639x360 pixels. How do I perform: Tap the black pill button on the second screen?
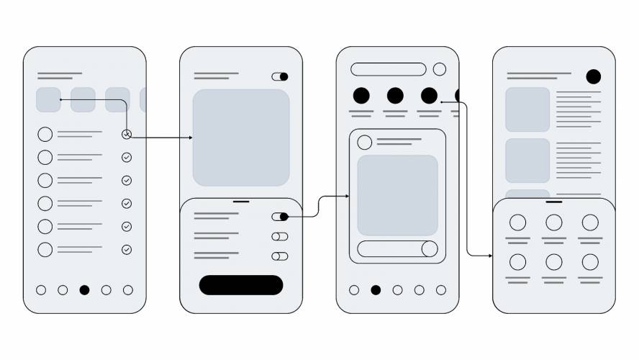(x=241, y=285)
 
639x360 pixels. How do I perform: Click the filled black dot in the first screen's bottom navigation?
(x=84, y=290)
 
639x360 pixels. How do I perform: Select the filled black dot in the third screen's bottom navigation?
(x=376, y=290)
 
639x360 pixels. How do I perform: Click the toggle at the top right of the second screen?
(x=280, y=76)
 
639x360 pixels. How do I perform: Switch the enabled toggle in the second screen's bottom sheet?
(x=280, y=217)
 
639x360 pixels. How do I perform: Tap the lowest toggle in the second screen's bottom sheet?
(x=280, y=256)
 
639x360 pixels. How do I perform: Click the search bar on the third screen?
(x=389, y=69)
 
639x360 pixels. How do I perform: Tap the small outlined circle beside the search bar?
(x=440, y=69)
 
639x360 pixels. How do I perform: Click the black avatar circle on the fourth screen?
(x=594, y=76)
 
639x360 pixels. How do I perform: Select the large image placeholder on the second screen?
(x=241, y=138)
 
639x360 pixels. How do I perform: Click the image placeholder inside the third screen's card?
(x=397, y=195)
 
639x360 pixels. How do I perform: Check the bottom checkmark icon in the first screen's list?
(x=127, y=250)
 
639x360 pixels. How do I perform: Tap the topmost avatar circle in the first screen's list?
(x=45, y=134)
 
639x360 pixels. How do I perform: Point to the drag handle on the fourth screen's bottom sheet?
(x=554, y=202)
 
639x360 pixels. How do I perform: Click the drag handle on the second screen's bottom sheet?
(x=241, y=202)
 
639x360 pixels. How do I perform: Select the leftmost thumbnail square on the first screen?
(x=48, y=100)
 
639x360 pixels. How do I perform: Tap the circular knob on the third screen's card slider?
(x=430, y=249)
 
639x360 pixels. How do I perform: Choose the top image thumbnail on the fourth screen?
(x=527, y=109)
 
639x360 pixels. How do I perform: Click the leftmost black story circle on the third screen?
(x=361, y=95)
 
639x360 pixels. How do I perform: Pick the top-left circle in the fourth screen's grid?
(x=517, y=222)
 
